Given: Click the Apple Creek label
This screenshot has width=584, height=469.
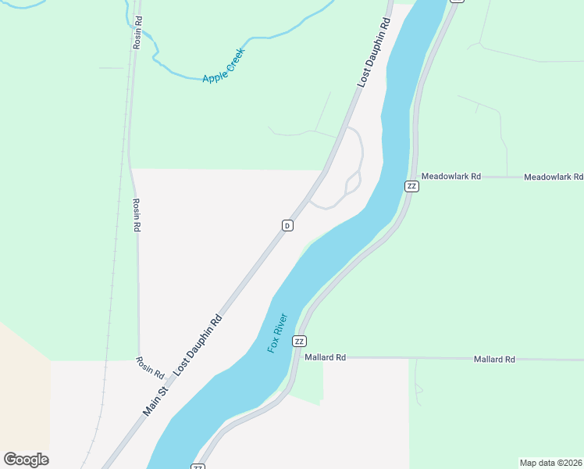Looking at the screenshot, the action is click(x=223, y=66).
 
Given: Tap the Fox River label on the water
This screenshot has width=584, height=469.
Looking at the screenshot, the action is click(x=277, y=333).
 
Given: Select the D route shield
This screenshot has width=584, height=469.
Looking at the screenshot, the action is click(x=287, y=225).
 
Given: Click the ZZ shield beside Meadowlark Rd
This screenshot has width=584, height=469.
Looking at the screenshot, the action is click(x=411, y=186).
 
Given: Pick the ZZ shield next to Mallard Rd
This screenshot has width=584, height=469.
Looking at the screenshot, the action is click(x=299, y=342).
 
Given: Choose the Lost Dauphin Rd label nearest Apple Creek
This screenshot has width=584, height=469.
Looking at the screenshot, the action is click(x=373, y=54).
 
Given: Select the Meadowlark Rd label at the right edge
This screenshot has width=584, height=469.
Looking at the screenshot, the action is click(x=553, y=177).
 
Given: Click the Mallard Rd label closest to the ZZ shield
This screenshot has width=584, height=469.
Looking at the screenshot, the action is click(x=325, y=357).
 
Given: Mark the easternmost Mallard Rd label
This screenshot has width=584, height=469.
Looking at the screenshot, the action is click(x=494, y=360).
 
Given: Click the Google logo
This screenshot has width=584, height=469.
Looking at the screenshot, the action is click(x=26, y=460).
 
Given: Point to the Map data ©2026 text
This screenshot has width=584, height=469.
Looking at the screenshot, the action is click(x=550, y=462).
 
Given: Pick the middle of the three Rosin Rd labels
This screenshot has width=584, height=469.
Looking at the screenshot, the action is click(x=136, y=215).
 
